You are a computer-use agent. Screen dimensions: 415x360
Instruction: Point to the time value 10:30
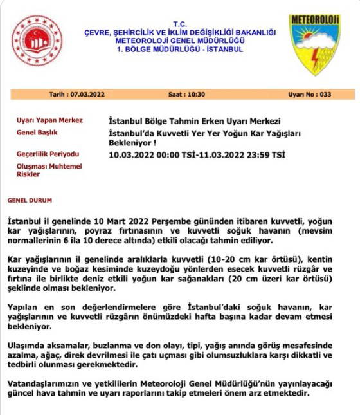click(195, 95)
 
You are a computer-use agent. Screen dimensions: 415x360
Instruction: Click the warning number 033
click(325, 95)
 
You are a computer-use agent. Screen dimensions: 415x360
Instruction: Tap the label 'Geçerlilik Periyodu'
click(48, 154)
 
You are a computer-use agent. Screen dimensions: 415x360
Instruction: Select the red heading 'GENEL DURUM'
click(30, 200)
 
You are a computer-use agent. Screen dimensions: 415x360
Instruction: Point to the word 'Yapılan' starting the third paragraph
click(26, 308)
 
